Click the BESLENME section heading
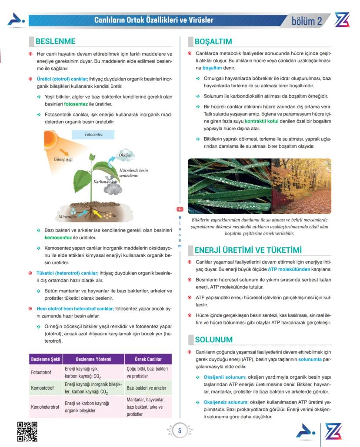[x=55, y=42]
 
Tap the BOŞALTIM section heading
[x=213, y=42]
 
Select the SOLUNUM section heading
[x=213, y=339]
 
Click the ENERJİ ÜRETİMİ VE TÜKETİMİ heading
[x=248, y=250]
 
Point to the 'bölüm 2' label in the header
[x=307, y=21]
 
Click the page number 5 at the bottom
[x=179, y=431]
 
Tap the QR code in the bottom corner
[x=27, y=431]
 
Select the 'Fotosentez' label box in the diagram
[x=93, y=135]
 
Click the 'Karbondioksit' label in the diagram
[x=106, y=182]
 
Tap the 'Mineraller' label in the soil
[x=67, y=216]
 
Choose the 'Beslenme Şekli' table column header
[x=46, y=359]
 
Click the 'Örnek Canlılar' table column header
[x=148, y=359]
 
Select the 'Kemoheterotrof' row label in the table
[x=45, y=407]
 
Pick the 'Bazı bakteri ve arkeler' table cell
[x=147, y=387]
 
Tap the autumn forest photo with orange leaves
[x=301, y=185]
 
